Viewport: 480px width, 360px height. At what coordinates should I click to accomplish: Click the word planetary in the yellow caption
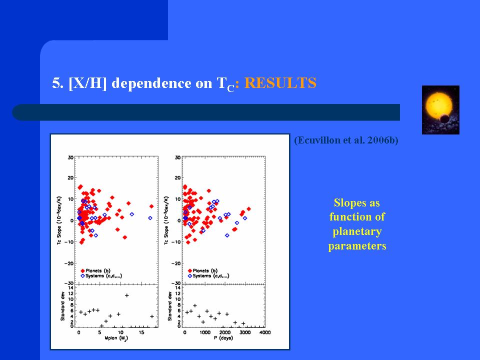coord(357,231)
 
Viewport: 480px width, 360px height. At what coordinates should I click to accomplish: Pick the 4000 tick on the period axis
coord(264,332)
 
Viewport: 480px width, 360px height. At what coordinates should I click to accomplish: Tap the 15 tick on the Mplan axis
coord(142,332)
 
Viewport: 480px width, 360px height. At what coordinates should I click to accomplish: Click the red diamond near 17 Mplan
coord(151,206)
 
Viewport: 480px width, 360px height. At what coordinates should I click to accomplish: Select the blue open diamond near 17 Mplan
coord(150,218)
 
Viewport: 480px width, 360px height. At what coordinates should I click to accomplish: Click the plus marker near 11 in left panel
coord(127,295)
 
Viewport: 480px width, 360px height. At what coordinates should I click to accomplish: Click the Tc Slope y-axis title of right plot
coord(166,220)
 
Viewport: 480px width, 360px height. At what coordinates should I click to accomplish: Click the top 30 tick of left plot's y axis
coord(71,157)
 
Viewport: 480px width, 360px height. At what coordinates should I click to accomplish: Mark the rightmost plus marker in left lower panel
coord(151,316)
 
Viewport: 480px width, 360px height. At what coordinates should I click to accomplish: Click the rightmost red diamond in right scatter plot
coord(248,209)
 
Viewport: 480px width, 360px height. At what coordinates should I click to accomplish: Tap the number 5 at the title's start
coord(55,83)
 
